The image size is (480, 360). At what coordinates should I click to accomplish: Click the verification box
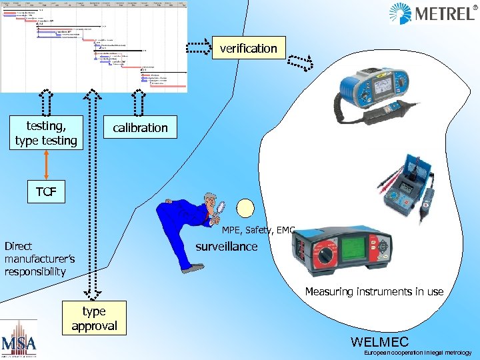248,48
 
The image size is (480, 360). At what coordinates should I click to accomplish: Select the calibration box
140,127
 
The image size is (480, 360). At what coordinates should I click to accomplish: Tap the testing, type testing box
46,132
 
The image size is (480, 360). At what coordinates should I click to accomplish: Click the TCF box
46,193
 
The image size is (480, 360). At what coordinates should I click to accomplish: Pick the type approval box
94,319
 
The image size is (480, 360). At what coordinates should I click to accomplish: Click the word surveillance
226,247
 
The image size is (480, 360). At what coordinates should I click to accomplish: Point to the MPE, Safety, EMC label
258,230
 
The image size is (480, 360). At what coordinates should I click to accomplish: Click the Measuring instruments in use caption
374,291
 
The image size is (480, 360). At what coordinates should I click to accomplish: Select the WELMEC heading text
379,342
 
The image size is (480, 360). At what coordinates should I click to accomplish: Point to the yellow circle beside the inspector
247,210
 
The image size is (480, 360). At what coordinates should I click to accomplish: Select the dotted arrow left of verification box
197,48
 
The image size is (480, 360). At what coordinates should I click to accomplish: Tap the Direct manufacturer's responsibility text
40,259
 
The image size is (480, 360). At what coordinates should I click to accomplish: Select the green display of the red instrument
361,245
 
